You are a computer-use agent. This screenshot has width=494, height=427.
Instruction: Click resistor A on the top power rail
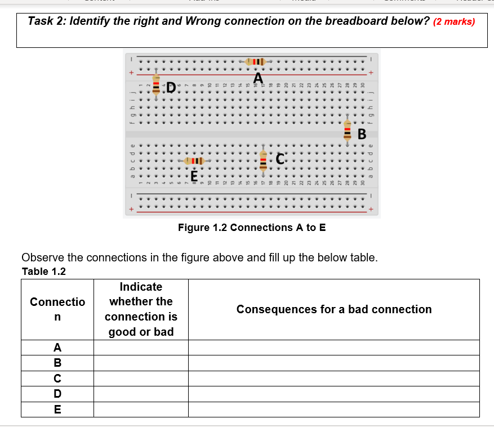(255, 61)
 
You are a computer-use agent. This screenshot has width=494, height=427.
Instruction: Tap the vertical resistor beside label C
(263, 159)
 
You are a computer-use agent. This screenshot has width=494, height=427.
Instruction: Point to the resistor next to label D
(157, 86)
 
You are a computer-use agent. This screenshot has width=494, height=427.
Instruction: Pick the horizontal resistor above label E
(193, 161)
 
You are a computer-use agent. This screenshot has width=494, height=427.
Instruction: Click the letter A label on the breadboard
(259, 77)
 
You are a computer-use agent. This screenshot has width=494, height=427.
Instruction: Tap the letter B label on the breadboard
(362, 134)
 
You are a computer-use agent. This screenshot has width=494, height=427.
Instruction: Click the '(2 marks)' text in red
(454, 22)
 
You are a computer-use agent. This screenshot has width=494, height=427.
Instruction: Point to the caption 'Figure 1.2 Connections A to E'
(251, 228)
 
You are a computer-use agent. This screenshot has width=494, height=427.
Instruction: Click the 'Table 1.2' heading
(43, 272)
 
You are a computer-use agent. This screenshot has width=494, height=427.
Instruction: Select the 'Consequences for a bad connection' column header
(334, 309)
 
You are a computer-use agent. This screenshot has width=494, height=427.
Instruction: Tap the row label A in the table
(57, 348)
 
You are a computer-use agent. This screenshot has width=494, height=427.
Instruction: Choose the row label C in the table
(57, 379)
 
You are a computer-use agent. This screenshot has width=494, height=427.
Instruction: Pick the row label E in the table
(57, 410)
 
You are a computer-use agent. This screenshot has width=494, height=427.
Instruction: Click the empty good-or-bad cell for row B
(141, 363)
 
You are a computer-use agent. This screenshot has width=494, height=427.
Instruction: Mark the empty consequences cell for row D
(334, 394)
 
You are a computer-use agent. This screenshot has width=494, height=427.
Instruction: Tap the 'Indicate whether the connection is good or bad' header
(141, 309)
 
